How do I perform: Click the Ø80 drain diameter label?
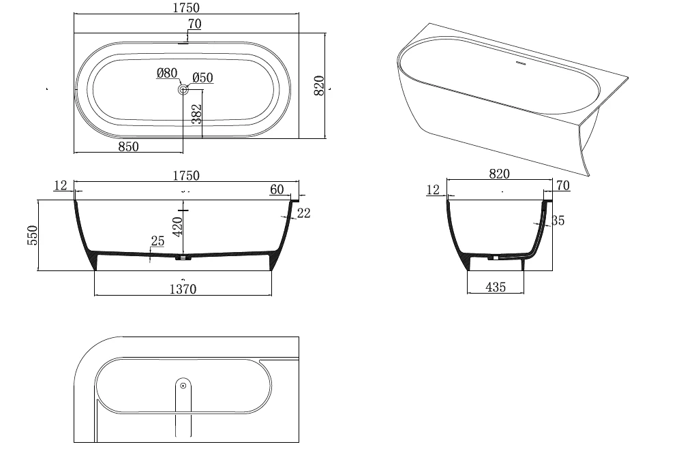tap(167, 73)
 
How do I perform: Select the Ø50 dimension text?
tap(202, 78)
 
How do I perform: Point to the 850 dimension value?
tap(128, 146)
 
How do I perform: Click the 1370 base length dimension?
tap(182, 290)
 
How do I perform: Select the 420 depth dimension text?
tap(177, 225)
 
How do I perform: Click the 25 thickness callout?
tap(157, 241)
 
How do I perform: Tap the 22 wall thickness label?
tap(303, 213)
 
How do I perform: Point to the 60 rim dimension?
tap(277, 189)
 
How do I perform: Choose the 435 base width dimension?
tap(496, 287)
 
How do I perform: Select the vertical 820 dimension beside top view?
tap(318, 86)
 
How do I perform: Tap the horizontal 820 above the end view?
tap(499, 174)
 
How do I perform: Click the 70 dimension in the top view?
tap(194, 25)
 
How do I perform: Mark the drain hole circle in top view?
tap(183, 89)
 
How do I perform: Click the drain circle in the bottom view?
tap(183, 386)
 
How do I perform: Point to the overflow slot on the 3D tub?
tap(521, 65)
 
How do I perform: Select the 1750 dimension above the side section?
tap(185, 176)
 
